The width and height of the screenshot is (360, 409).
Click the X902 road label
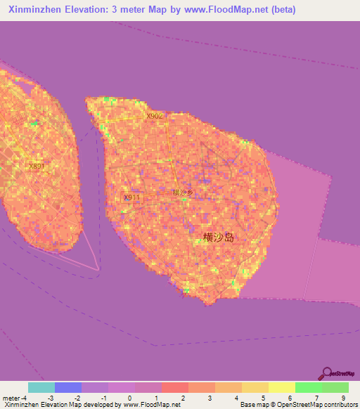[x=155, y=116]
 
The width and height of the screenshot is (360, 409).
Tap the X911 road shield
[x=131, y=197]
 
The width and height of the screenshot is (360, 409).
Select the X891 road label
[x=37, y=167]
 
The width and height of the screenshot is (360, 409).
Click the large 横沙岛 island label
[x=219, y=238]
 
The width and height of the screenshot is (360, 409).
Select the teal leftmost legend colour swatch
[x=41, y=387]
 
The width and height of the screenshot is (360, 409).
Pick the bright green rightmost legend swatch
[x=335, y=387]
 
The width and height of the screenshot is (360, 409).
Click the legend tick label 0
[x=129, y=398]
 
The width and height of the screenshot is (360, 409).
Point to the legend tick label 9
[x=344, y=398]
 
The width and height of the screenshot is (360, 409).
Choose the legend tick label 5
[x=264, y=398]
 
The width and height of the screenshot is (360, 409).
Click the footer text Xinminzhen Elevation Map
[x=42, y=405]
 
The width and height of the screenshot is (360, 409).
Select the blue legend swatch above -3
[x=68, y=387]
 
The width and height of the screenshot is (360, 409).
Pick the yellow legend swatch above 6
[x=282, y=387]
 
